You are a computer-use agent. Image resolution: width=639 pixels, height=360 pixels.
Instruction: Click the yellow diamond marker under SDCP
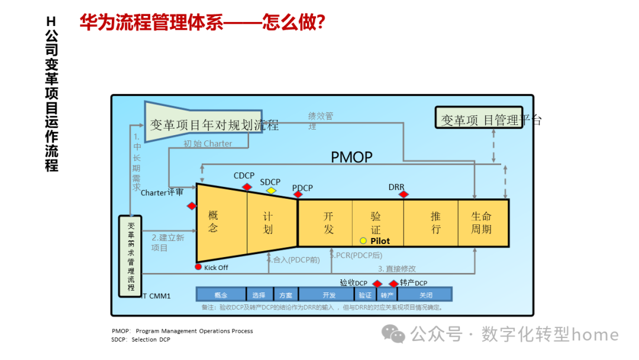[271, 190]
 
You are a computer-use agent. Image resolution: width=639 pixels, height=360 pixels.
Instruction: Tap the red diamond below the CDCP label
[247, 187]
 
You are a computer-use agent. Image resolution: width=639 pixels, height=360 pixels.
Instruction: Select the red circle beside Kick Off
[199, 267]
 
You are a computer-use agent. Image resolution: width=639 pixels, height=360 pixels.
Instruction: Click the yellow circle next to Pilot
[363, 241]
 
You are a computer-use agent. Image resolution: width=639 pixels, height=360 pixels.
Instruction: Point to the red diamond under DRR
[404, 194]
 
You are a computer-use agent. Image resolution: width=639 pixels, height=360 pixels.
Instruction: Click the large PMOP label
[351, 157]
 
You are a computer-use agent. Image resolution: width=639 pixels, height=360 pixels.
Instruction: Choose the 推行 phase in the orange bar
[435, 223]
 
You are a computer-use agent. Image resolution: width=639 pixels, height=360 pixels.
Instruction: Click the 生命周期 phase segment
[482, 223]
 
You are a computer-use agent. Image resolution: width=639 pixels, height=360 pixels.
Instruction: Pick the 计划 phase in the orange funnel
[268, 223]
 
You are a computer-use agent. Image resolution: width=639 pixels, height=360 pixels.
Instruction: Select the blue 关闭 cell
[425, 294]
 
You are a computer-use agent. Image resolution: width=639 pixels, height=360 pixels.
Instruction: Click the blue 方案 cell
[286, 294]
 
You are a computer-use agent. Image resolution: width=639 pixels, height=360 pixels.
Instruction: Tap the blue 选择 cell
[259, 294]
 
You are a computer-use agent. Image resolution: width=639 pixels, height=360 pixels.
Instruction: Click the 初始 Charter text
[208, 143]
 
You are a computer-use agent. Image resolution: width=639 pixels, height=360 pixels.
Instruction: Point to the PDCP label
[302, 188]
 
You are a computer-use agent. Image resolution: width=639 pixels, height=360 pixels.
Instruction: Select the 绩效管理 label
[320, 121]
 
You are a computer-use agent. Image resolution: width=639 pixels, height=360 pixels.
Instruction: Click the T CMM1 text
[157, 295]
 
